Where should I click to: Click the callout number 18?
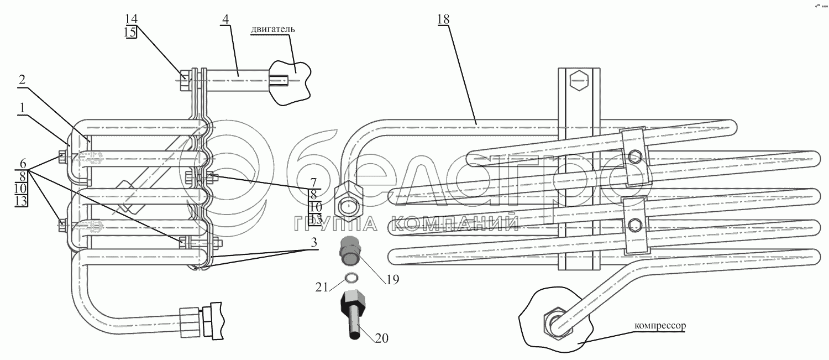click(444, 19)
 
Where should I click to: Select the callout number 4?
click(225, 19)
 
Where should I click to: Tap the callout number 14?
click(130, 19)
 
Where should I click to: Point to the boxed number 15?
click(130, 32)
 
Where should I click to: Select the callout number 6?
click(22, 164)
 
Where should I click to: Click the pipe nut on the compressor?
click(554, 323)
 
